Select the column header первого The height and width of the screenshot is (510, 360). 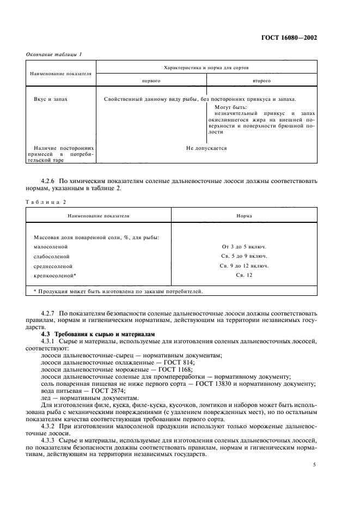[151, 80]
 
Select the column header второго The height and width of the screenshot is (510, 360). [261, 80]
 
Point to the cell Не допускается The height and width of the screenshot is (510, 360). [206, 148]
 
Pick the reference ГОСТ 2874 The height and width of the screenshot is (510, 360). [109, 391]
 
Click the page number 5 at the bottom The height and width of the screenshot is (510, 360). [314, 465]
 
